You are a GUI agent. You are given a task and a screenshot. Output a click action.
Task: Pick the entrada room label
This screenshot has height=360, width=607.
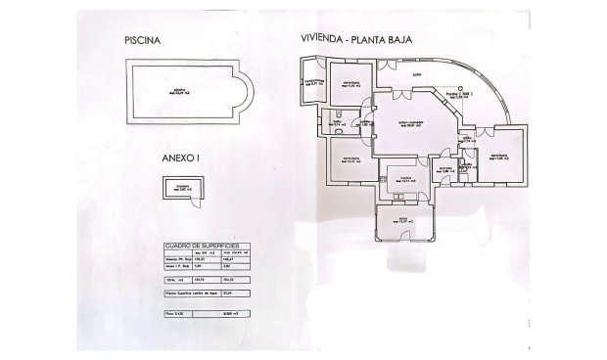(444, 168)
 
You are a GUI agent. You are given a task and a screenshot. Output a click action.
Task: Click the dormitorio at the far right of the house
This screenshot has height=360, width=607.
(500, 157)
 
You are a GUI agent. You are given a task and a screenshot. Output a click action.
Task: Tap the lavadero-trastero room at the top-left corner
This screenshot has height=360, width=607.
(313, 82)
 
